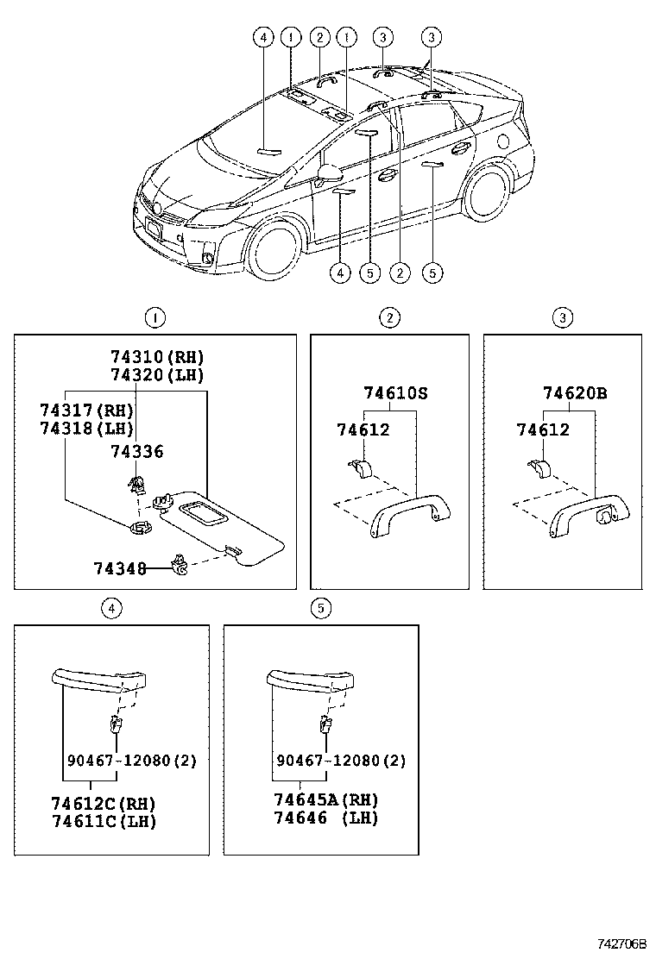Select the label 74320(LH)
click(x=157, y=375)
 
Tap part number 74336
click(x=136, y=452)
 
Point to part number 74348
click(x=119, y=568)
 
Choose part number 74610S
click(x=395, y=394)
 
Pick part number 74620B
click(x=575, y=394)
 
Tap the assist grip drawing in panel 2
click(x=410, y=517)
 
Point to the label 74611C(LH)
click(x=104, y=821)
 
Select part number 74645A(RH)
click(x=326, y=800)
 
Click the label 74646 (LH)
click(x=326, y=818)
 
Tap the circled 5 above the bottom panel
click(x=320, y=609)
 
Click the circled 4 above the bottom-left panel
click(x=110, y=609)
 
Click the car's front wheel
click(x=275, y=249)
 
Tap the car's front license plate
click(x=155, y=230)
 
